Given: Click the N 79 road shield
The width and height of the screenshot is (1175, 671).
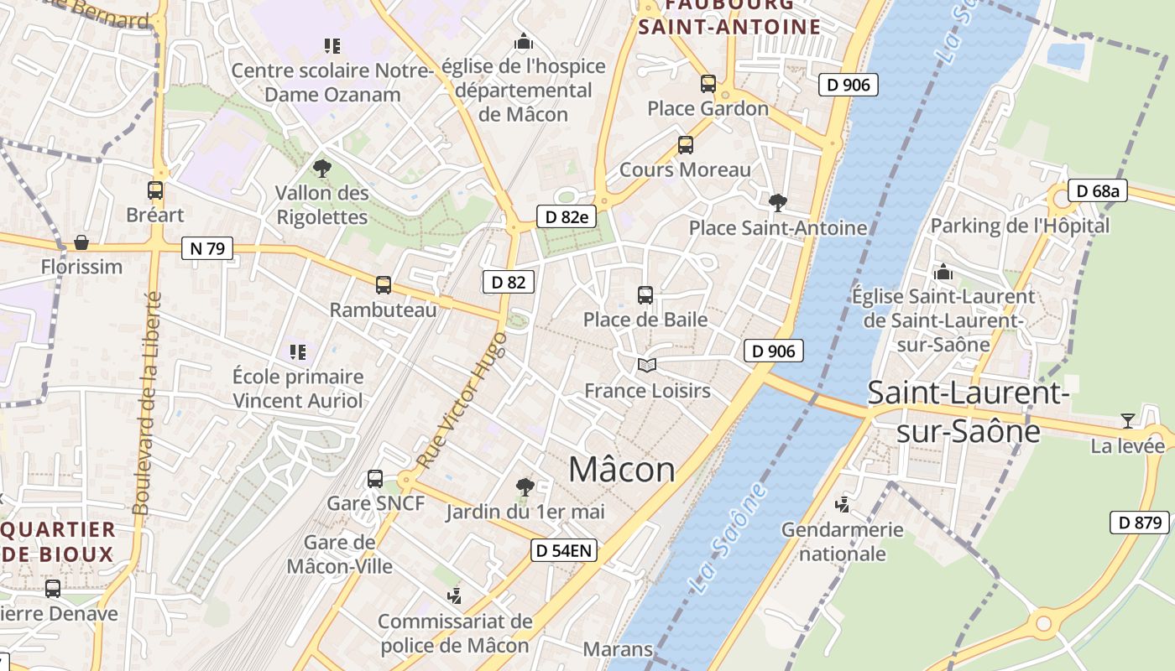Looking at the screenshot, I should pyautogui.click(x=206, y=248).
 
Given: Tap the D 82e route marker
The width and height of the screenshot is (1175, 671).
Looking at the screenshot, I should pyautogui.click(x=567, y=217).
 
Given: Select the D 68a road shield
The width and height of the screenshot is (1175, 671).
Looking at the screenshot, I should pyautogui.click(x=1097, y=191).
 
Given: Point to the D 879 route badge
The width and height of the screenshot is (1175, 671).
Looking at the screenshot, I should pyautogui.click(x=1139, y=523).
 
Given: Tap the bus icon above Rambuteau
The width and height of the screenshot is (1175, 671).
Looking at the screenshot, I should pyautogui.click(x=384, y=285).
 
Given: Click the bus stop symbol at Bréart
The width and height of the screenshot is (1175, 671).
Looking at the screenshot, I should pyautogui.click(x=155, y=190).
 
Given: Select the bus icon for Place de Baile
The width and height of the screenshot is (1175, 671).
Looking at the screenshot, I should pyautogui.click(x=645, y=295).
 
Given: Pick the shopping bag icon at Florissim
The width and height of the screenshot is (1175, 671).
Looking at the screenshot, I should pyautogui.click(x=81, y=242).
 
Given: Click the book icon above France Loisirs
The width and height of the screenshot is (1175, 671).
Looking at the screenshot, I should pyautogui.click(x=646, y=365).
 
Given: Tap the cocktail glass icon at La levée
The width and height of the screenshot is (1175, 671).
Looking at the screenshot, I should pyautogui.click(x=1127, y=420).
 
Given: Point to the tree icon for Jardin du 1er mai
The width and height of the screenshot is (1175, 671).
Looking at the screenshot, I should pyautogui.click(x=525, y=486).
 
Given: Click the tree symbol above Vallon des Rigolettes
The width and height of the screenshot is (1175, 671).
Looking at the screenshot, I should pyautogui.click(x=321, y=169).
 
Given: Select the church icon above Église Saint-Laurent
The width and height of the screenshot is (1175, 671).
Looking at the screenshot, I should pyautogui.click(x=943, y=273).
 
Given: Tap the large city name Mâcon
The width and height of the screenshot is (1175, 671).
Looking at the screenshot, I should pyautogui.click(x=622, y=470).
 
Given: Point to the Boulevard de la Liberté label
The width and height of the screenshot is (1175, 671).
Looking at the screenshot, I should pyautogui.click(x=146, y=403).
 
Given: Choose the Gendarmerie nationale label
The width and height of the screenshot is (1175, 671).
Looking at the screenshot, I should pyautogui.click(x=842, y=542).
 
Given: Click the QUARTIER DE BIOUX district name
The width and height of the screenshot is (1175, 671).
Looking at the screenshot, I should pyautogui.click(x=59, y=542).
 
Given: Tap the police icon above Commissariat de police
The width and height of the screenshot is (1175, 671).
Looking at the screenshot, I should pyautogui.click(x=454, y=596).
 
